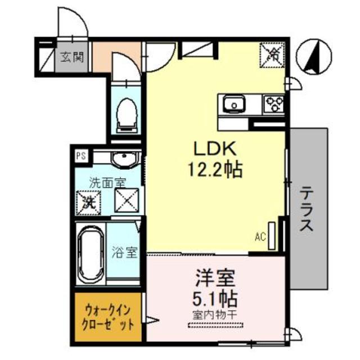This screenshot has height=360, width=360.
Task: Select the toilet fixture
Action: [127, 114]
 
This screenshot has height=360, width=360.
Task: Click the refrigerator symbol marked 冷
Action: [273, 55]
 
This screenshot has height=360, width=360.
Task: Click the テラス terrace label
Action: [306, 209]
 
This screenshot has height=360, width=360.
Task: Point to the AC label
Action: [260, 237]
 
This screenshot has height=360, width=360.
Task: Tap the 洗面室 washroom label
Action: [107, 182]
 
